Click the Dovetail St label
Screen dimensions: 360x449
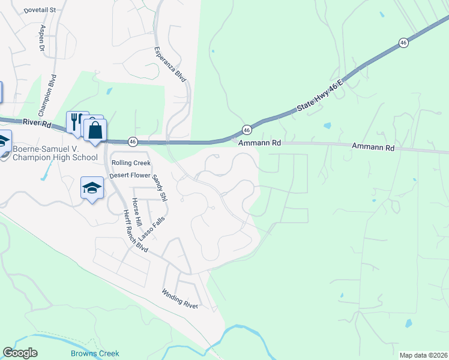tap(40, 10)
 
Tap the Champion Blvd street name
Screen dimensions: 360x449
tap(47, 95)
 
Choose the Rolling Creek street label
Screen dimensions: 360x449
tap(130, 163)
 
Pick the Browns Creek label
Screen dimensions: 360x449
tap(95, 353)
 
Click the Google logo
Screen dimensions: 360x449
tap(20, 353)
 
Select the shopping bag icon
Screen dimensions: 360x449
tap(95, 129)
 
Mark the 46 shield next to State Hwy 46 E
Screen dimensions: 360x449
tap(403, 43)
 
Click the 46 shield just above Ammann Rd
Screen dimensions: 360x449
tap(247, 130)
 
